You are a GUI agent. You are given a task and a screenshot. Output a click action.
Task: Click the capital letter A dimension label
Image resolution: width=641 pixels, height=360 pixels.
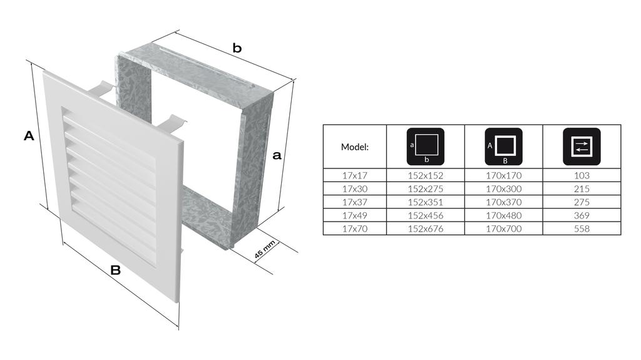[x=29, y=135]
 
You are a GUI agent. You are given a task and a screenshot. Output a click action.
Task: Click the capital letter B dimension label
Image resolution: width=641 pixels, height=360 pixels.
[x=115, y=270]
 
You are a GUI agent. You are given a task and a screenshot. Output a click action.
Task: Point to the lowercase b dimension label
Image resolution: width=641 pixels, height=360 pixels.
[x=237, y=48]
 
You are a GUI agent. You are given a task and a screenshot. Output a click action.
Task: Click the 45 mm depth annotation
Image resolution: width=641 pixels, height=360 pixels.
[x=265, y=250]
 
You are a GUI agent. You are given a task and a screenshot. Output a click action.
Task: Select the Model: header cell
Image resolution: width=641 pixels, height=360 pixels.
[x=354, y=147]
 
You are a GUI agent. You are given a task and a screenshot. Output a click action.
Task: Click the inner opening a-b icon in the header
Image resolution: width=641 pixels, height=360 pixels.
[x=425, y=146]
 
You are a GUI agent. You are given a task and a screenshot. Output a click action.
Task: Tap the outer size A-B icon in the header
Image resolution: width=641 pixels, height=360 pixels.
[x=503, y=146]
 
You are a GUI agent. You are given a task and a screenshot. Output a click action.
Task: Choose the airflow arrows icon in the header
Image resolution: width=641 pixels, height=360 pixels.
[x=581, y=146]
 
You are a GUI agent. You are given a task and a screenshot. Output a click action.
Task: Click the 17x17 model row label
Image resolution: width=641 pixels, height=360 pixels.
[x=354, y=176]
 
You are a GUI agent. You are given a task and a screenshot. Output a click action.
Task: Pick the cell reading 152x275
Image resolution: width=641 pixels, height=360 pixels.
[x=426, y=189]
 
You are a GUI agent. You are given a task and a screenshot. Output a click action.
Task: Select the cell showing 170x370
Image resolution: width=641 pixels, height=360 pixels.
[x=503, y=202]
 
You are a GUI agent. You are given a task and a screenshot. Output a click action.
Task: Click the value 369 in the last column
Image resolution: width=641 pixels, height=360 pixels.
[x=582, y=215]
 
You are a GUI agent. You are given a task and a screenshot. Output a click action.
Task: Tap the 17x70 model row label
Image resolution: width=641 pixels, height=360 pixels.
[x=354, y=229]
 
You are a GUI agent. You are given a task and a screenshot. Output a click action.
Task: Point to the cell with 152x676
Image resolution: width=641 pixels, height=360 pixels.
[x=426, y=229]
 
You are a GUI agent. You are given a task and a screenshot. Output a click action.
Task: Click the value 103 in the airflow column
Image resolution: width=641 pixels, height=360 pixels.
[x=582, y=176]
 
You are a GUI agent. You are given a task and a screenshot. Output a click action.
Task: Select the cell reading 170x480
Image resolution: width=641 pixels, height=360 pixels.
[x=503, y=215]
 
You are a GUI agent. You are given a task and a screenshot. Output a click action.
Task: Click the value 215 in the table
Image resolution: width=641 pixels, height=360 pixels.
[x=582, y=189]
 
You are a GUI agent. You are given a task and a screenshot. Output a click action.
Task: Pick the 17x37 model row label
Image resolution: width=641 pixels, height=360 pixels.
[x=354, y=202]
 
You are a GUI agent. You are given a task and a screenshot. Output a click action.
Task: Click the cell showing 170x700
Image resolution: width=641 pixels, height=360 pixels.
[x=503, y=229]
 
